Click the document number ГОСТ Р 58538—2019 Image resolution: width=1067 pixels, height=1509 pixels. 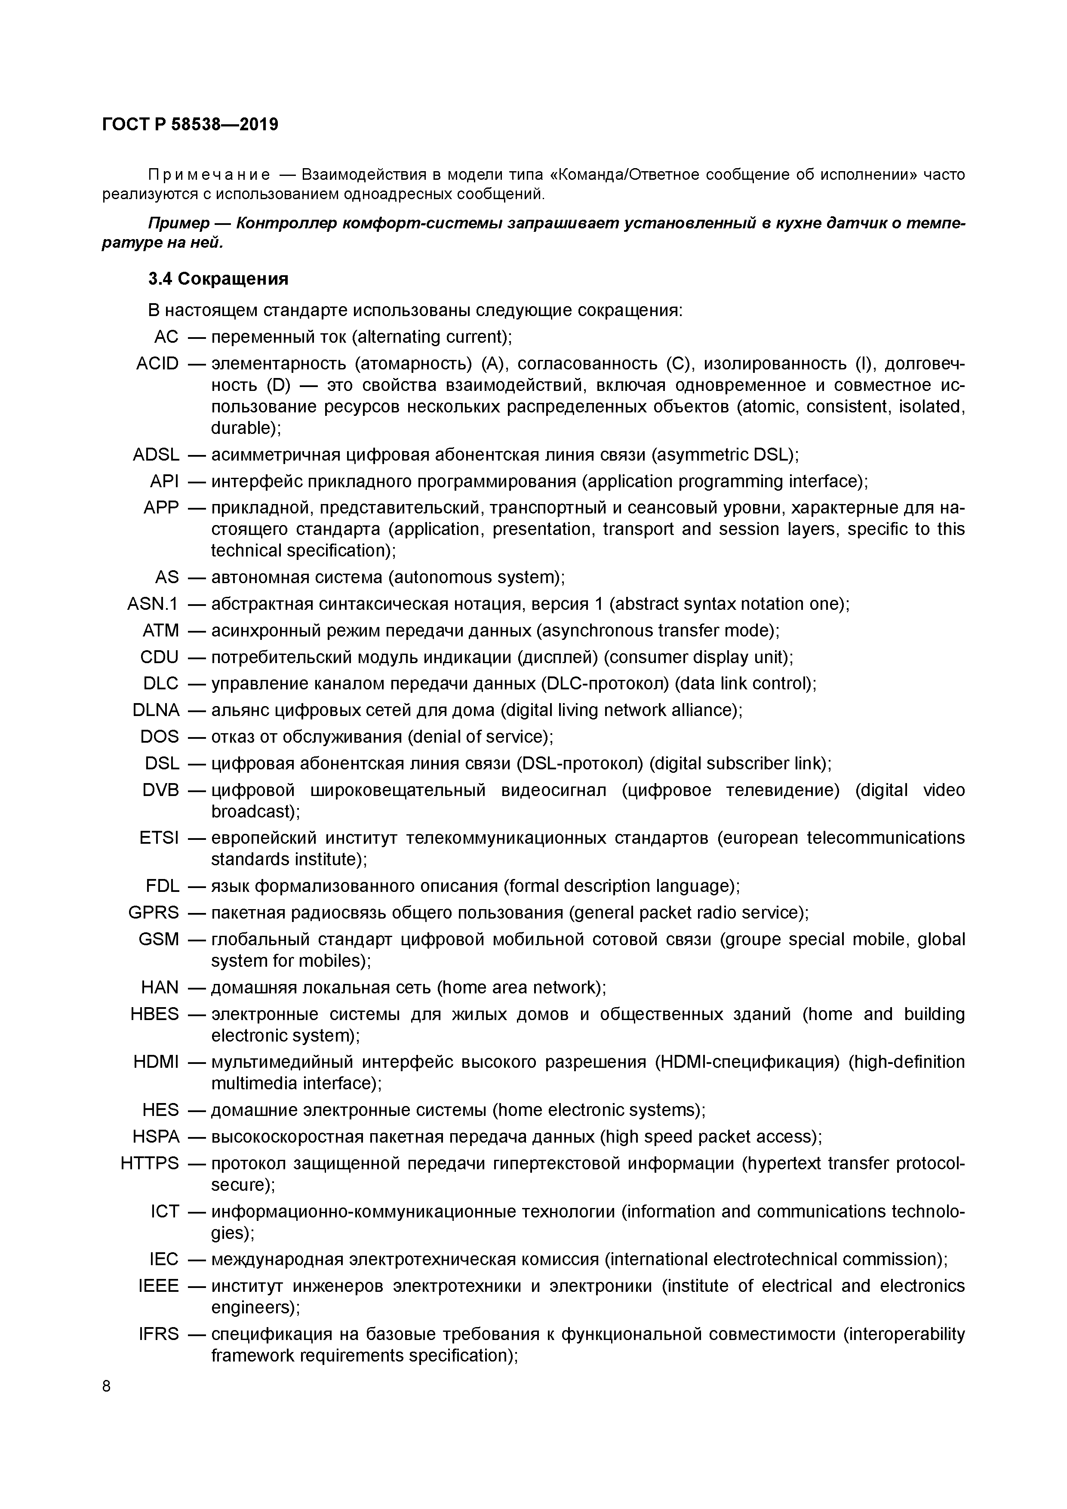pyautogui.click(x=190, y=124)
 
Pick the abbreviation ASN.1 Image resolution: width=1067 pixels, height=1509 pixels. pyautogui.click(x=153, y=604)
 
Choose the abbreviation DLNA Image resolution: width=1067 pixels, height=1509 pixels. pyautogui.click(x=156, y=710)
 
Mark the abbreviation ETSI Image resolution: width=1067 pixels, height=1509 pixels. pyautogui.click(x=159, y=838)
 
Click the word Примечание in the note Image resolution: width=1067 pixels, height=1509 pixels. pyautogui.click(x=209, y=175)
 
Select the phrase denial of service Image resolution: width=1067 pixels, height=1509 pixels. pyautogui.click(x=480, y=737)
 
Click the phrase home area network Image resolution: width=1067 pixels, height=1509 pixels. pyautogui.click(x=519, y=987)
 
